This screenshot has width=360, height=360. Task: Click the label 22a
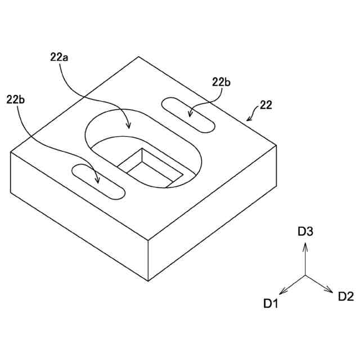click(x=60, y=57)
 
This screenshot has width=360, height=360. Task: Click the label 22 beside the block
click(x=265, y=106)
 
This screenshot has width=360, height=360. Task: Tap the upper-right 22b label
click(x=221, y=82)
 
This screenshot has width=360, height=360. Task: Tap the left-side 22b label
click(x=16, y=100)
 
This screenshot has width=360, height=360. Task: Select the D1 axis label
click(x=271, y=304)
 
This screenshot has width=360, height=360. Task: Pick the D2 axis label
click(x=345, y=296)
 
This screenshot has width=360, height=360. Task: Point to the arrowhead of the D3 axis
click(x=305, y=244)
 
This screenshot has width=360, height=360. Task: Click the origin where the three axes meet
click(x=305, y=276)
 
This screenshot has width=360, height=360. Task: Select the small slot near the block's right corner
click(x=188, y=115)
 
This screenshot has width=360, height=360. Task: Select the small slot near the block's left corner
click(x=98, y=181)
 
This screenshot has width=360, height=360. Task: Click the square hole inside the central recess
click(x=149, y=167)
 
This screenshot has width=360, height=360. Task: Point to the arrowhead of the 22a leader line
click(x=129, y=127)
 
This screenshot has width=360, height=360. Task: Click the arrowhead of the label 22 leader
click(x=247, y=120)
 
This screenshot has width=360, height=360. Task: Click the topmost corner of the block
click(x=139, y=57)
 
